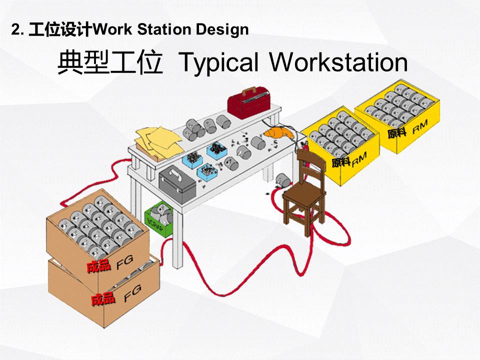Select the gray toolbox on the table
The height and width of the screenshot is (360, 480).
(x=177, y=183)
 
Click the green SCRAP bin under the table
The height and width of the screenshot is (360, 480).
(x=159, y=219)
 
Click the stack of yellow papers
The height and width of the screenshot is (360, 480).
(x=158, y=141)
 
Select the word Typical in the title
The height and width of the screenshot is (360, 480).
(x=218, y=62)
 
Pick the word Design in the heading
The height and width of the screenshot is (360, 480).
(x=222, y=30)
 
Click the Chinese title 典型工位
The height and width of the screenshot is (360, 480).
(x=109, y=62)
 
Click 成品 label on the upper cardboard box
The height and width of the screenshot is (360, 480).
(x=98, y=266)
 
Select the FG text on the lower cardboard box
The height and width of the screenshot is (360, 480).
(x=132, y=293)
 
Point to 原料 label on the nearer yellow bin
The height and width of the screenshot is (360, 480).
(x=340, y=161)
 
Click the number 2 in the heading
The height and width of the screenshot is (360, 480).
(x=15, y=30)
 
